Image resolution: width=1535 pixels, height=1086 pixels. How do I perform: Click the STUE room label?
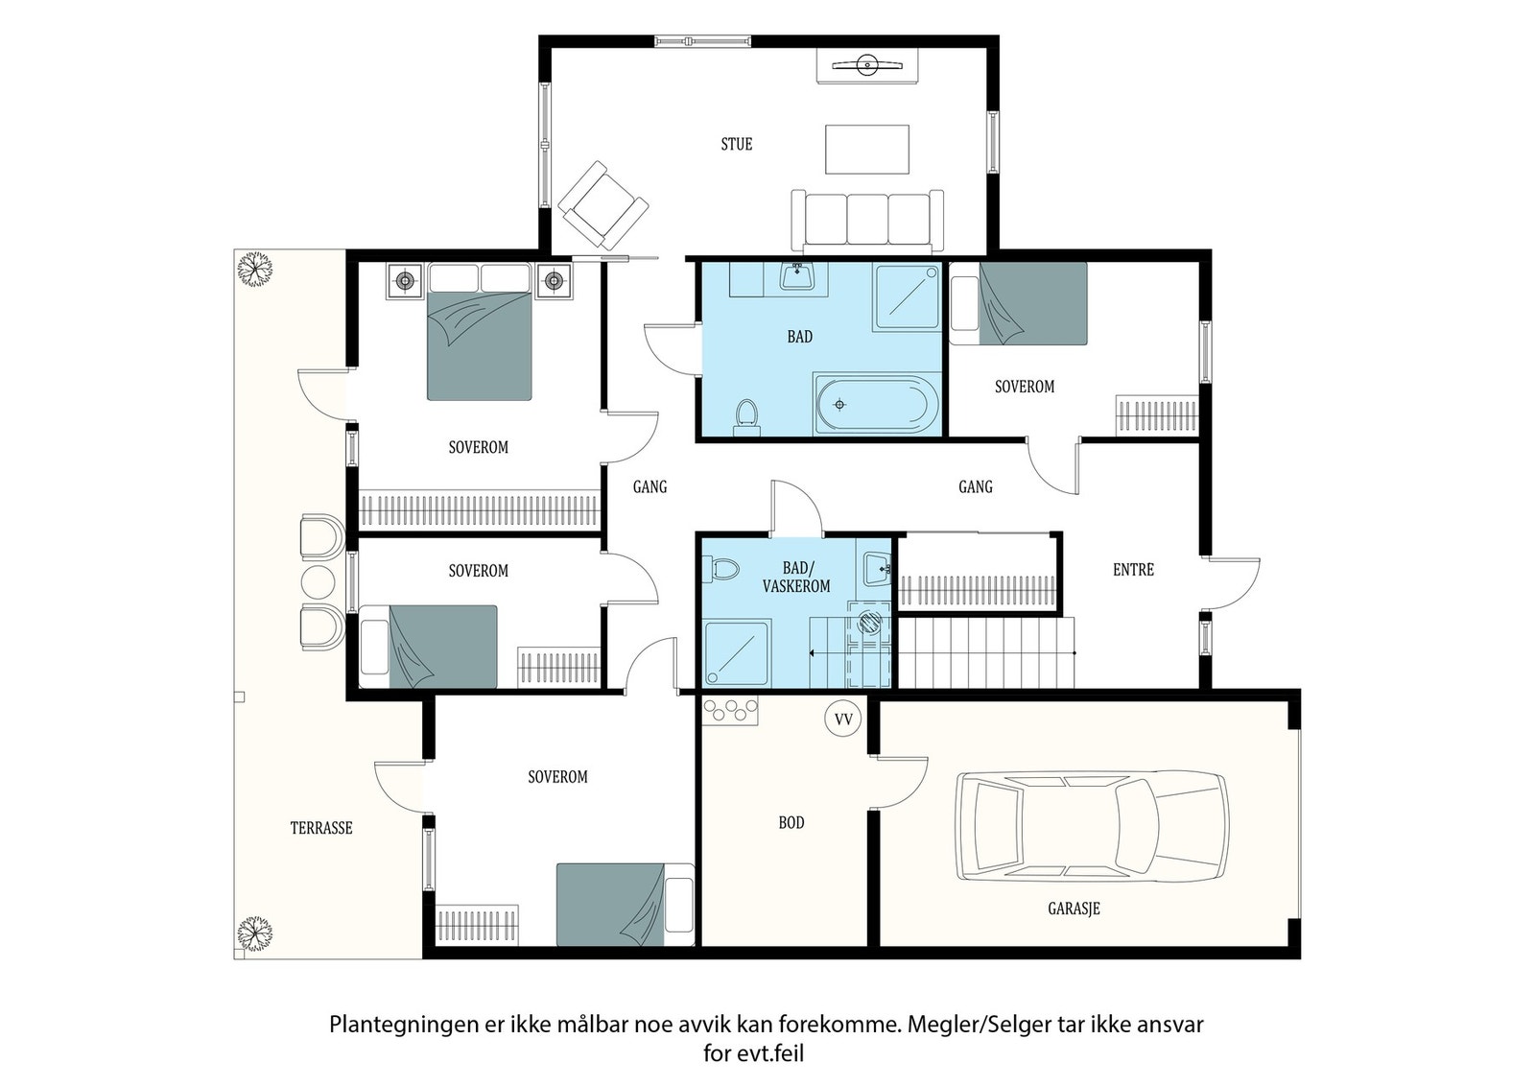coord(737,144)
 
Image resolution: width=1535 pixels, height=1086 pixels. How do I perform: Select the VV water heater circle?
coord(843,719)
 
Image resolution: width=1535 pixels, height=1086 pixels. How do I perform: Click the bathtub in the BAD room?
coord(877,404)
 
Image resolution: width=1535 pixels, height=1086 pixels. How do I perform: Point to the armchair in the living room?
coord(603,205)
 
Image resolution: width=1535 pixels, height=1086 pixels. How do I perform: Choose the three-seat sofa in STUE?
coord(867,221)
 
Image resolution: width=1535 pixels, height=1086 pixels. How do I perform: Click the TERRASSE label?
coord(321,828)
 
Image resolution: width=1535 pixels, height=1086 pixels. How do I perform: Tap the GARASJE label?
coord(1074,909)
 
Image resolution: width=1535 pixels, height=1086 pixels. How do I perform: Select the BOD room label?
coord(791,822)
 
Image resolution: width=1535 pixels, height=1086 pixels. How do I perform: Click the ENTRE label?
coord(1133,569)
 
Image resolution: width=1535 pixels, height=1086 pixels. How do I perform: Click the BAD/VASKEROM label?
coord(796,577)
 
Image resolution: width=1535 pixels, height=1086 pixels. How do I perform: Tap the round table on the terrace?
coord(318,581)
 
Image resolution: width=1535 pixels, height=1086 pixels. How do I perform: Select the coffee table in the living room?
coord(867,150)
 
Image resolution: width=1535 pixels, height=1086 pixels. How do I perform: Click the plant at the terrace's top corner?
coord(255,269)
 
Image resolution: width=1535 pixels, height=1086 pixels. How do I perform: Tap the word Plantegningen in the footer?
coord(404,1026)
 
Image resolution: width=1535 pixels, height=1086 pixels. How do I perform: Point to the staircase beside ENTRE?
coord(986,653)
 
